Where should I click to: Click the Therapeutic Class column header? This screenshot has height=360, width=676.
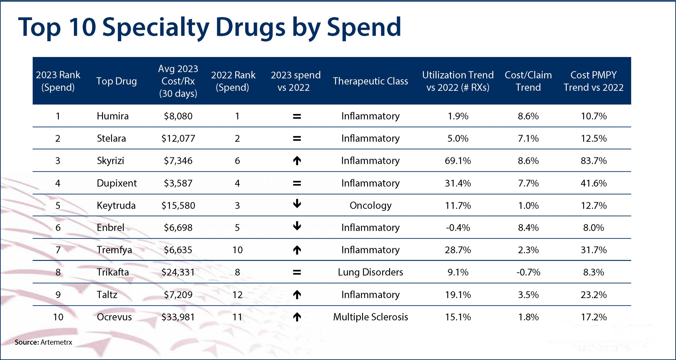tap(370, 81)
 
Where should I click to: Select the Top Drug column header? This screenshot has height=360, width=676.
tap(116, 81)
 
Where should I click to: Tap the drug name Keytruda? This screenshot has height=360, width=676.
tap(116, 205)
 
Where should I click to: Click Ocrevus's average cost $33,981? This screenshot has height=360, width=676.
tap(178, 317)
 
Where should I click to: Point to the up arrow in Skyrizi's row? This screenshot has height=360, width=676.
tap(297, 160)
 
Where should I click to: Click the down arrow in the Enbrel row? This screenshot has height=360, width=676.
tap(297, 226)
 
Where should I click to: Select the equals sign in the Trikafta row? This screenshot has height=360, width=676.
tap(297, 272)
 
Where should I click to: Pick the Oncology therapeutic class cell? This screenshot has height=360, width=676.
tap(370, 205)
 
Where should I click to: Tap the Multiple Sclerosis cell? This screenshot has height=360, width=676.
tap(370, 317)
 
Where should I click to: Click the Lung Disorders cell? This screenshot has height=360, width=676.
tap(370, 272)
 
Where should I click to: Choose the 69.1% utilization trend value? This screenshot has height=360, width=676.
tap(458, 160)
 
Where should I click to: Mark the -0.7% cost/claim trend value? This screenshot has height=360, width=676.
tap(528, 272)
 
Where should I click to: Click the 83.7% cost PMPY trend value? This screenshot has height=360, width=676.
tap(593, 160)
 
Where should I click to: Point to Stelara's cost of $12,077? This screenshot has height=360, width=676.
tap(178, 138)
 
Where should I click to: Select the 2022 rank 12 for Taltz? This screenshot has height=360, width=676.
tap(237, 295)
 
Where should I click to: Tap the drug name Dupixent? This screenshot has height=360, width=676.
tap(117, 183)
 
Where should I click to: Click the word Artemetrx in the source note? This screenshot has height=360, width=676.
tap(57, 342)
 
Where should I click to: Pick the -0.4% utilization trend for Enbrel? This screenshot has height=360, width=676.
tap(458, 228)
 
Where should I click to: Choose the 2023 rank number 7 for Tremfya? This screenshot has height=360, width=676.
tap(58, 250)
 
